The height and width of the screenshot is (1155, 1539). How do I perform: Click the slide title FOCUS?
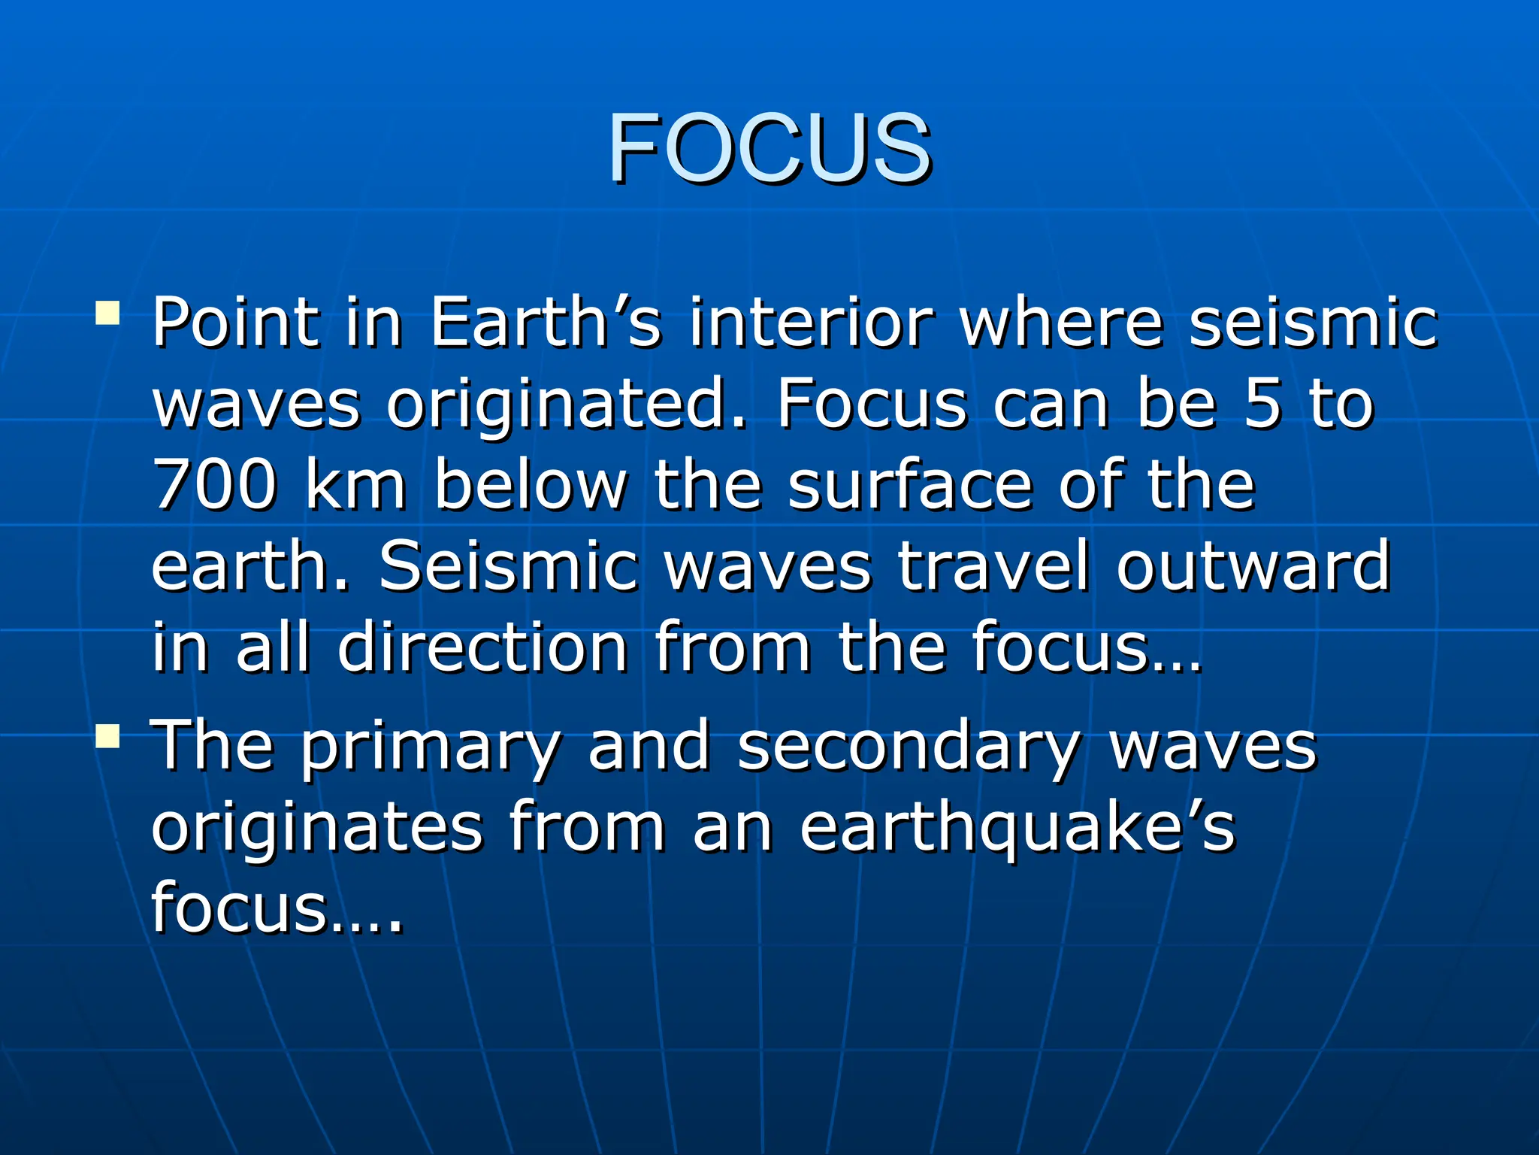(769, 147)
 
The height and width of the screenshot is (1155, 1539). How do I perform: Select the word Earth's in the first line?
(545, 323)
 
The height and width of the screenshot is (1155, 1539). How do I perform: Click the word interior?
(812, 323)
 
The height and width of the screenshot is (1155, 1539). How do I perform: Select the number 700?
(214, 487)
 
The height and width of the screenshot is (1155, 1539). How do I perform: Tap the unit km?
(356, 487)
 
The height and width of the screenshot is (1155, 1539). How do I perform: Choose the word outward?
(1253, 567)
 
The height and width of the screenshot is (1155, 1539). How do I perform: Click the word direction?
(482, 648)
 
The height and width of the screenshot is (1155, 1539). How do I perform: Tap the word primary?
(431, 749)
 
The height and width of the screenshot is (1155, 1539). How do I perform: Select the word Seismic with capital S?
(508, 567)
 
